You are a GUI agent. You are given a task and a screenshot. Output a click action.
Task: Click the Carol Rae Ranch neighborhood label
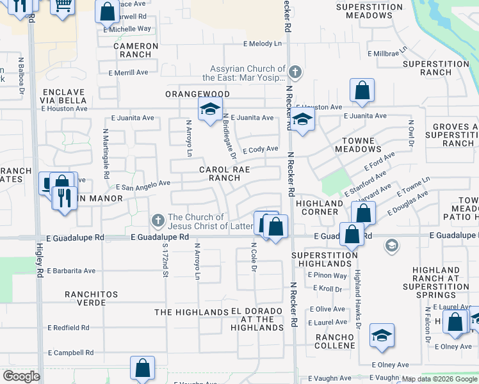(x=223, y=174)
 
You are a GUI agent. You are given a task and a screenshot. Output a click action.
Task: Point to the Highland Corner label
(x=320, y=207)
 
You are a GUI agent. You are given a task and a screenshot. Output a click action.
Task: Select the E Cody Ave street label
(x=260, y=148)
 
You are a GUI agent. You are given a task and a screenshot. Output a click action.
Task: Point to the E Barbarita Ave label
(x=71, y=271)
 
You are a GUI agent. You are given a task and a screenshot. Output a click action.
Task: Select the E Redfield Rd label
(x=69, y=327)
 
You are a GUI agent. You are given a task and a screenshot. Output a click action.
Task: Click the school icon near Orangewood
(x=209, y=110)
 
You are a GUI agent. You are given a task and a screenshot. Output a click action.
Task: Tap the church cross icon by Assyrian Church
(x=295, y=71)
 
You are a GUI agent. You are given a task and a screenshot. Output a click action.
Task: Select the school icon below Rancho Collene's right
(x=382, y=335)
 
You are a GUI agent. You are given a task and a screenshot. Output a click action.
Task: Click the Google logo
(x=22, y=376)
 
